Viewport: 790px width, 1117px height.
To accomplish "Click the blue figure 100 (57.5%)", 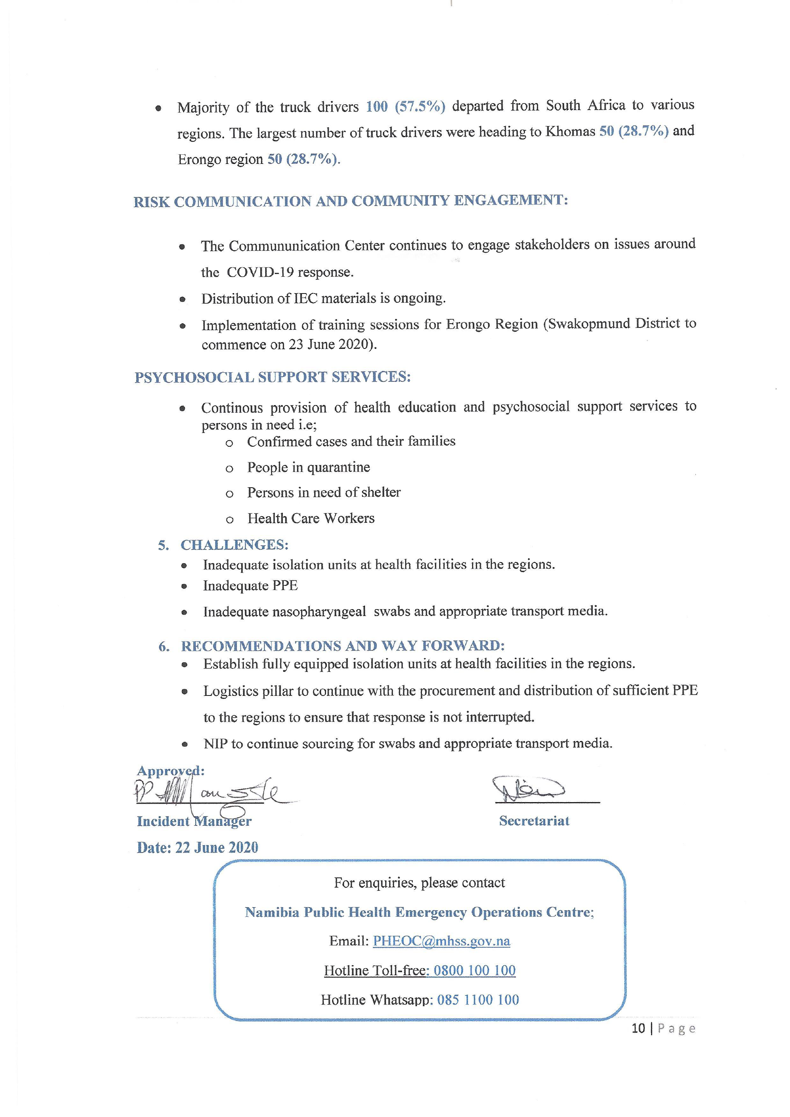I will point(405,106).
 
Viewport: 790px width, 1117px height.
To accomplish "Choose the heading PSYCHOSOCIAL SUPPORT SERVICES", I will point(273,377).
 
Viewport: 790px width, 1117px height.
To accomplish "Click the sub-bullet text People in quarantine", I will point(308,467).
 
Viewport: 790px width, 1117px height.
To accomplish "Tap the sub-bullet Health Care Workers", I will point(311,518).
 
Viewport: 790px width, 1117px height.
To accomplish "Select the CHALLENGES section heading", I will point(234,545).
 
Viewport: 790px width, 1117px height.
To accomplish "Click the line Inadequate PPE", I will point(250,585).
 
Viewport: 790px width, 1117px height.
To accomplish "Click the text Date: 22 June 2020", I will point(198,848).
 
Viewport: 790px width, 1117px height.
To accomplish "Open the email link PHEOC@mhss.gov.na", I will point(441,941).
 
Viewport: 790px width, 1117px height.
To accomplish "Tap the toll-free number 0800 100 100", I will point(474,970).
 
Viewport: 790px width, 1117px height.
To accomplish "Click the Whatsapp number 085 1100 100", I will point(478,1000).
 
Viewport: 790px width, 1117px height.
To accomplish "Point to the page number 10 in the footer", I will point(638,1028).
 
